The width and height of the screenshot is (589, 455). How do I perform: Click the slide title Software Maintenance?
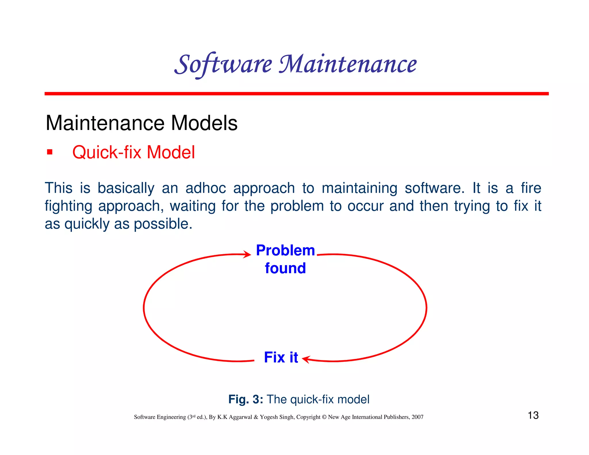tap(295, 64)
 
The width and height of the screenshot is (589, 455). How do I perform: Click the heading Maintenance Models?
tap(141, 123)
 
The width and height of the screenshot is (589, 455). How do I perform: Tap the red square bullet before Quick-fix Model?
tap(50, 152)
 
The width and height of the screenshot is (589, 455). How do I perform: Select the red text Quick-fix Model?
tap(133, 152)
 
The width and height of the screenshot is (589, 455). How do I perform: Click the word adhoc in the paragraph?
tap(206, 188)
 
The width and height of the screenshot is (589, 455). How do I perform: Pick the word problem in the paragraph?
tap(297, 206)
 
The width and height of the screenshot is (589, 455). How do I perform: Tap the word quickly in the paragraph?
tap(87, 224)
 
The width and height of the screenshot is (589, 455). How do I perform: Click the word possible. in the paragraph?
tap(163, 224)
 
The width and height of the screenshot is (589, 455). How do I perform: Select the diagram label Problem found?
tap(285, 259)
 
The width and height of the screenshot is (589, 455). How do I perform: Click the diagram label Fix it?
tap(281, 357)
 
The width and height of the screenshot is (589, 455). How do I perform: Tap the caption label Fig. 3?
tap(246, 399)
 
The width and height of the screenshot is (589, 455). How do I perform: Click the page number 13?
tap(533, 415)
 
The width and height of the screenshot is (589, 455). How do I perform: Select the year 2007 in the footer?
tap(417, 417)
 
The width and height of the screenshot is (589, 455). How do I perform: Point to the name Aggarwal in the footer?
tap(240, 417)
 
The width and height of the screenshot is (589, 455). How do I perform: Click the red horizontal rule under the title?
tap(297, 94)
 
